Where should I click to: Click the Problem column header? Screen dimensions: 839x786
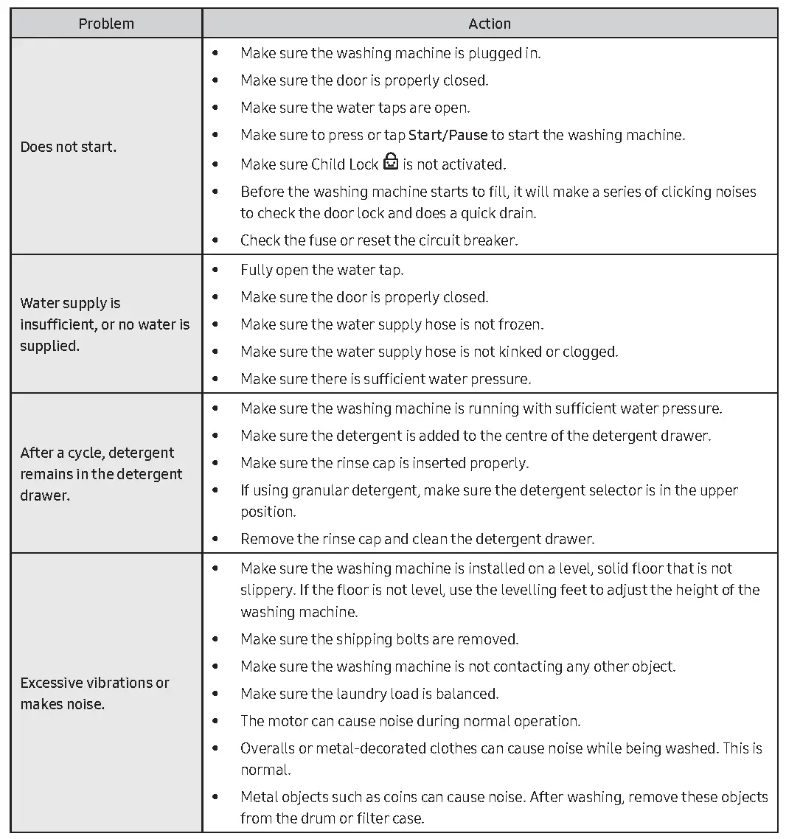click(x=106, y=24)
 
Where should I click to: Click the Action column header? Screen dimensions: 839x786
click(x=490, y=24)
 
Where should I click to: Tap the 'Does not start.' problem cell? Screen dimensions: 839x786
click(x=69, y=147)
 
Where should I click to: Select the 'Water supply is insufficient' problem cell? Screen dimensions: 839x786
click(x=105, y=324)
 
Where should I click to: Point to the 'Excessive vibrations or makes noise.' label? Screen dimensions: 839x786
click(x=95, y=693)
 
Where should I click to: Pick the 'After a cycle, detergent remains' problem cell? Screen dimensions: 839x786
click(x=101, y=474)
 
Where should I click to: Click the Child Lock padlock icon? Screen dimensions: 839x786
click(x=391, y=162)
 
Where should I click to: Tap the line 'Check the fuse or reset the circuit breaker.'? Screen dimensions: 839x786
click(x=378, y=240)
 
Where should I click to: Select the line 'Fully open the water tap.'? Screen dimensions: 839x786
click(x=321, y=270)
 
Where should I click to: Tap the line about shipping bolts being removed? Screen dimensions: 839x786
click(x=379, y=639)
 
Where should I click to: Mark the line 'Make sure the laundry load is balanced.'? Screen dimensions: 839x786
click(x=369, y=694)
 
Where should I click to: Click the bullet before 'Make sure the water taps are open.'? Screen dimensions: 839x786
click(x=215, y=108)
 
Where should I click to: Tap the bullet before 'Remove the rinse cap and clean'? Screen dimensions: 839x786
click(x=215, y=539)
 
